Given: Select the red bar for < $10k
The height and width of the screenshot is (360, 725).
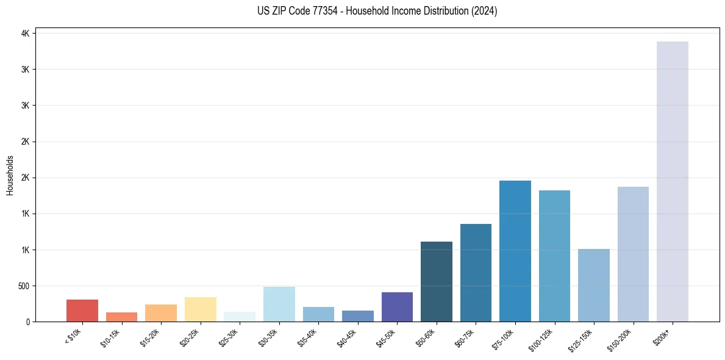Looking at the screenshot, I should point(82,311).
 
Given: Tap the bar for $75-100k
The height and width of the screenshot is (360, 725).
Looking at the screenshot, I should point(515,251).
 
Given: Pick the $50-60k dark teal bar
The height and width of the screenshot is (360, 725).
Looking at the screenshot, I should point(437,281).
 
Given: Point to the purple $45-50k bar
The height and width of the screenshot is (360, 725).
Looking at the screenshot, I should point(397,307).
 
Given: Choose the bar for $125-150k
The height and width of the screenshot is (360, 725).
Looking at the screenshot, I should point(593,285).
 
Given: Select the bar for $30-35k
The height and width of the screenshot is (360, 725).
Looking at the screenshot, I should point(279,304).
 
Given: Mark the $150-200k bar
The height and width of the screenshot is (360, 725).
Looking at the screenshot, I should point(633,254).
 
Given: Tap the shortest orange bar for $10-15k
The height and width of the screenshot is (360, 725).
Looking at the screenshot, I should point(121,317).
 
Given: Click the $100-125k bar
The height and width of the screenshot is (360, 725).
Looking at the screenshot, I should point(554,256).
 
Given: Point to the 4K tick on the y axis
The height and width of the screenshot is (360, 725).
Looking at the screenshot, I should point(24,34).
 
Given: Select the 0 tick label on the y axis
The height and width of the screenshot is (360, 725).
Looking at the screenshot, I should point(27,322).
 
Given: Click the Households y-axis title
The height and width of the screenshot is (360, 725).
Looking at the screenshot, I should point(10,175).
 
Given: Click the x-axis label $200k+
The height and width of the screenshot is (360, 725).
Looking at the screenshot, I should point(661,336).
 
